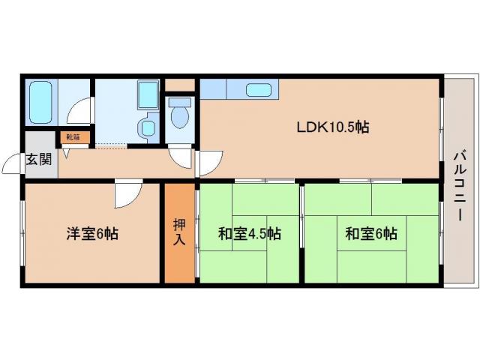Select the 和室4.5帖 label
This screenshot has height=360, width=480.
[249, 233]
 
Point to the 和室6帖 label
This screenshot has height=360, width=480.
[370, 233]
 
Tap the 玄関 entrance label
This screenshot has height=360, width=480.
[38, 160]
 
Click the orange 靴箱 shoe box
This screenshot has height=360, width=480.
[74, 137]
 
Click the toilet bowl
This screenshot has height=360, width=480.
[179, 116]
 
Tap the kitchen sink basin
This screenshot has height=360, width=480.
[259, 90]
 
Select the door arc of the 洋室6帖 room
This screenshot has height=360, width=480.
[125, 196]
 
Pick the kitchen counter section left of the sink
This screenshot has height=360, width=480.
[218, 89]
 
